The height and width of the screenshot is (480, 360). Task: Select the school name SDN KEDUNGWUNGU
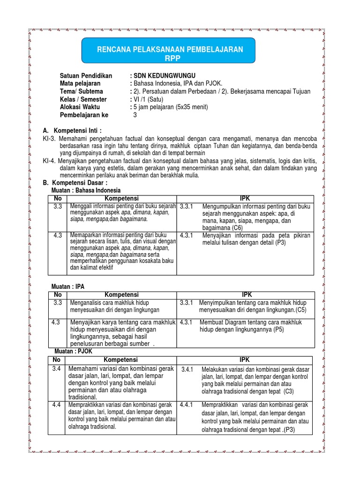(x=164, y=75)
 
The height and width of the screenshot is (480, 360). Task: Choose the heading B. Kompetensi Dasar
(x=75, y=182)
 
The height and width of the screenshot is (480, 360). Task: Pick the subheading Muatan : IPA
(x=67, y=286)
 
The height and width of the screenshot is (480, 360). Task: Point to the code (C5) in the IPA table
(x=300, y=310)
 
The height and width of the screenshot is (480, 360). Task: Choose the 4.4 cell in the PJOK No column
(x=57, y=405)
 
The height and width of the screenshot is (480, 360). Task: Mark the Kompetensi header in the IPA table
(x=121, y=294)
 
